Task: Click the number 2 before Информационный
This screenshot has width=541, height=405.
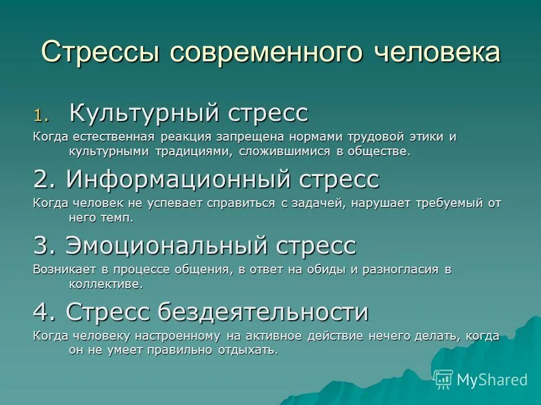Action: (x=45, y=180)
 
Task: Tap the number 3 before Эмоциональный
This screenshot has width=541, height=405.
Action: (x=45, y=246)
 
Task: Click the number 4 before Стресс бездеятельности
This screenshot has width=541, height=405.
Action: (x=45, y=312)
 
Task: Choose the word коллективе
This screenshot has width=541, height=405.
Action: (x=105, y=284)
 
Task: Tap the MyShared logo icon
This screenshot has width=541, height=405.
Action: (x=443, y=379)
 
